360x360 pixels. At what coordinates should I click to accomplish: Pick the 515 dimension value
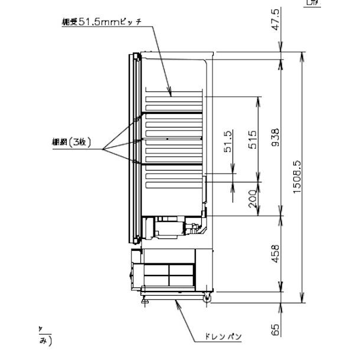252,138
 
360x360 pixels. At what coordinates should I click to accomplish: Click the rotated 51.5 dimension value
228,142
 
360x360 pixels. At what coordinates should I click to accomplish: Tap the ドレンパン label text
224,337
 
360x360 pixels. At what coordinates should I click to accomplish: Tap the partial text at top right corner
312,3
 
